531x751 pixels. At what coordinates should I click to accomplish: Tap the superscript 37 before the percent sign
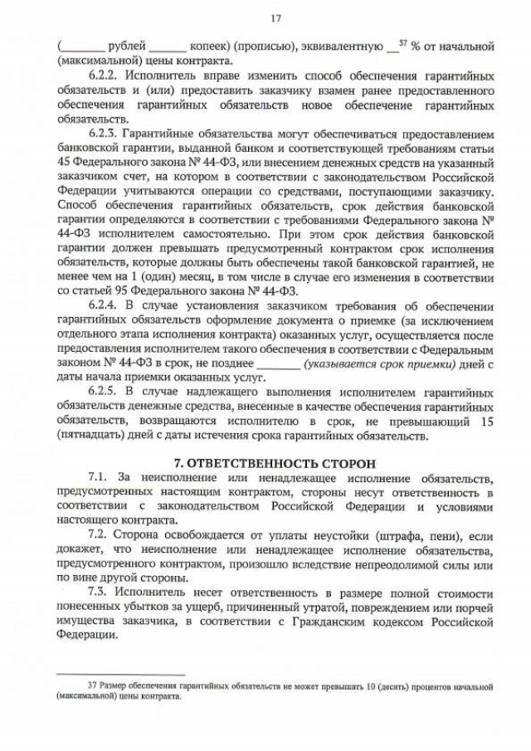point(403,42)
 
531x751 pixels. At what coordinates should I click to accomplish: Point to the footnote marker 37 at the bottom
point(92,686)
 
